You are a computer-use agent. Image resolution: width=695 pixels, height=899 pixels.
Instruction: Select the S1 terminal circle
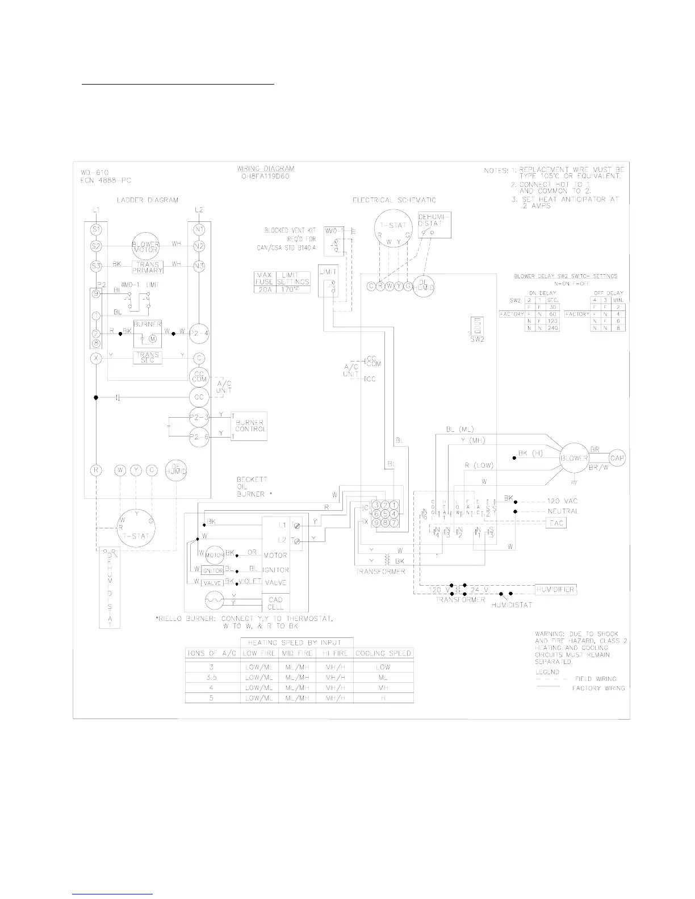pyautogui.click(x=96, y=229)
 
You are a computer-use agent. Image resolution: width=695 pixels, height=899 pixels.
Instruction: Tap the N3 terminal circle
pyautogui.click(x=199, y=265)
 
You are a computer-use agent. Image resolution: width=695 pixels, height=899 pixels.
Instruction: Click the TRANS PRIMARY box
pyautogui.click(x=147, y=267)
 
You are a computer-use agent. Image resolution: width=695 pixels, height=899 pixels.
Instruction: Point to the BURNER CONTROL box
pyautogui.click(x=250, y=426)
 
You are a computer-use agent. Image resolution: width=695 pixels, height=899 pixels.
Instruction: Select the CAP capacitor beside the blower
pyautogui.click(x=617, y=458)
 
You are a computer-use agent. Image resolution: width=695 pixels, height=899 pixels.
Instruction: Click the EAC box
pyautogui.click(x=556, y=523)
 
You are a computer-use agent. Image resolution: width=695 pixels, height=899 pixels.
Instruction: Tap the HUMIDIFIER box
pyautogui.click(x=555, y=590)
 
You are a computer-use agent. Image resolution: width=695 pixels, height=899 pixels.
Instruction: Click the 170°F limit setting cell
pyautogui.click(x=295, y=288)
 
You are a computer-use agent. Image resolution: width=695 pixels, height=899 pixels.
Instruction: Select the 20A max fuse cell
pyautogui.click(x=264, y=288)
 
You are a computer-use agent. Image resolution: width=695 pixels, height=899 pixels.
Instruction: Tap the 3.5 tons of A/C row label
pyautogui.click(x=212, y=677)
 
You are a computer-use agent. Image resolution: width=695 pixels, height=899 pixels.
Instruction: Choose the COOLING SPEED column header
pyautogui.click(x=383, y=653)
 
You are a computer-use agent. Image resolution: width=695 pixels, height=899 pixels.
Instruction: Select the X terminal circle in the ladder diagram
pyautogui.click(x=96, y=358)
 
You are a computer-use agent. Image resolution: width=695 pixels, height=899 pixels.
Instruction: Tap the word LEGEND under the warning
pyautogui.click(x=547, y=672)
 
